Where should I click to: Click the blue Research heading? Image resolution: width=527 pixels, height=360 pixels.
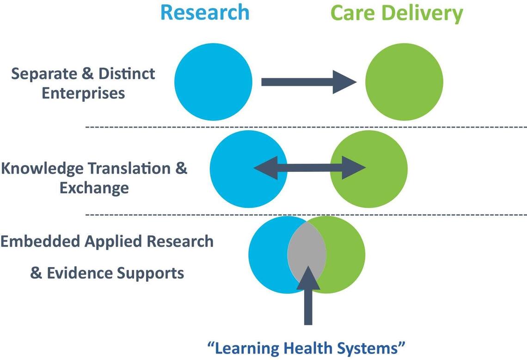pyautogui.click(x=205, y=12)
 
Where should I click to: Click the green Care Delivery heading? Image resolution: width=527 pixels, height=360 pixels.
pyautogui.click(x=397, y=13)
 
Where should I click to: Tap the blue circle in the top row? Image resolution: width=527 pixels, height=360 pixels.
pyautogui.click(x=213, y=82)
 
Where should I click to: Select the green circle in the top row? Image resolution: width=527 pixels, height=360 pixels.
pyautogui.click(x=404, y=82)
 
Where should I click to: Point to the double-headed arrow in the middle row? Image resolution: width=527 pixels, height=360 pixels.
pyautogui.click(x=310, y=167)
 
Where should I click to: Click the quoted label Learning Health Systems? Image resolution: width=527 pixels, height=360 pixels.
pyautogui.click(x=306, y=346)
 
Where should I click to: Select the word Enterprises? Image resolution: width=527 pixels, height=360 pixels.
pyautogui.click(x=83, y=93)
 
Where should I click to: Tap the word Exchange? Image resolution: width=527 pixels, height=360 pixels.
pyautogui.click(x=94, y=188)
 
